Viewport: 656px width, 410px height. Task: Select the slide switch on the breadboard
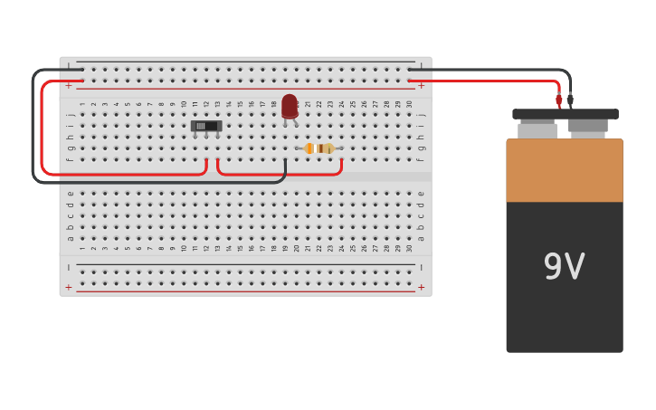click(x=206, y=126)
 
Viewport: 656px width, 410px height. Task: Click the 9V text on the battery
click(x=564, y=267)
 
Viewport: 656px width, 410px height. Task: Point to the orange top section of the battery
click(x=565, y=170)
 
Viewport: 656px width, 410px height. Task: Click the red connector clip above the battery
click(x=559, y=99)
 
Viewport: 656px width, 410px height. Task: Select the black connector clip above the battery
click(x=570, y=99)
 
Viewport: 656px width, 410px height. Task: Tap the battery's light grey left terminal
click(x=537, y=130)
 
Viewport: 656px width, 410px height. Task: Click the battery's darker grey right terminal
click(x=588, y=128)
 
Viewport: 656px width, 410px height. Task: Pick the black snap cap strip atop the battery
click(x=566, y=114)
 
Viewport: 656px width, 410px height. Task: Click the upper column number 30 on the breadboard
click(x=410, y=104)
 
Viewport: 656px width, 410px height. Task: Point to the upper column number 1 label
click(x=81, y=104)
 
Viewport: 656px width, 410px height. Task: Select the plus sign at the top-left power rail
click(x=68, y=86)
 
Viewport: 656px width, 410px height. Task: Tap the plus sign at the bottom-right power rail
click(x=421, y=287)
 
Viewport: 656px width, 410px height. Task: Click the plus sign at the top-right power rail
click(x=421, y=86)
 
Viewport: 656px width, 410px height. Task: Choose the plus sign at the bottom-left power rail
click(x=68, y=287)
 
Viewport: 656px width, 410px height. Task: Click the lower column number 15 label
click(x=240, y=248)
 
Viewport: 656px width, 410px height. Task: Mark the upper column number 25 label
click(x=353, y=104)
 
